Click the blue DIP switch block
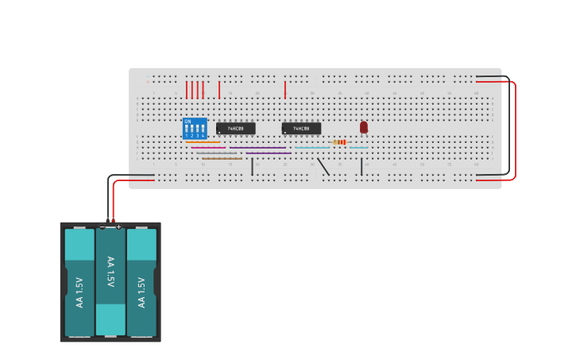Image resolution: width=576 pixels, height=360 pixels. pyautogui.click(x=195, y=129)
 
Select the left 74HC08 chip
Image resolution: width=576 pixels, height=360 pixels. pyautogui.click(x=236, y=128)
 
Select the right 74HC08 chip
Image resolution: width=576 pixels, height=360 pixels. pyautogui.click(x=301, y=128)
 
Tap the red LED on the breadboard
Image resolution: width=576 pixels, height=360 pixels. pyautogui.click(x=364, y=126)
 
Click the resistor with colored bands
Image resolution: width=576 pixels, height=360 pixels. pyautogui.click(x=339, y=142)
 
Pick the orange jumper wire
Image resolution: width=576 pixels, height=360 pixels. pyautogui.click(x=203, y=142)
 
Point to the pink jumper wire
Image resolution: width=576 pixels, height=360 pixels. pyautogui.click(x=208, y=148)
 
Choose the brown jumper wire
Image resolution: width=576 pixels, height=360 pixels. pyautogui.click(x=222, y=158)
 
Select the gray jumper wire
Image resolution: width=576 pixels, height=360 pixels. pyautogui.click(x=217, y=153)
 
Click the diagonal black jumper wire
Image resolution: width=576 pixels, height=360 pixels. pyautogui.click(x=323, y=166)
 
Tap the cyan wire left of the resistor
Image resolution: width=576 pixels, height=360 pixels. pyautogui.click(x=311, y=148)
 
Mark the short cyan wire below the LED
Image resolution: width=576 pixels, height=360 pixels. pyautogui.click(x=359, y=148)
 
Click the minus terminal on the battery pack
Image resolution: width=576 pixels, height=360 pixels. pyautogui.click(x=102, y=227)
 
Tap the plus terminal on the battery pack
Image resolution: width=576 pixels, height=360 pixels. pyautogui.click(x=118, y=227)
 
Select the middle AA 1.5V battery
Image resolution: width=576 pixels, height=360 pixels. pyautogui.click(x=110, y=282)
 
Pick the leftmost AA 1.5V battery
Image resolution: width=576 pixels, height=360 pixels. pyautogui.click(x=79, y=282)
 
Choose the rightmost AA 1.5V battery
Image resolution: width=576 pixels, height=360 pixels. pyautogui.click(x=141, y=282)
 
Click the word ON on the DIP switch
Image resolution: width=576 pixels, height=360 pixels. pyautogui.click(x=187, y=122)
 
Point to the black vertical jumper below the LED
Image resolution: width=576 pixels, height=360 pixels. pyautogui.click(x=361, y=166)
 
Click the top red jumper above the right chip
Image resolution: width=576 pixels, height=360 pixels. pyautogui.click(x=284, y=89)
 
